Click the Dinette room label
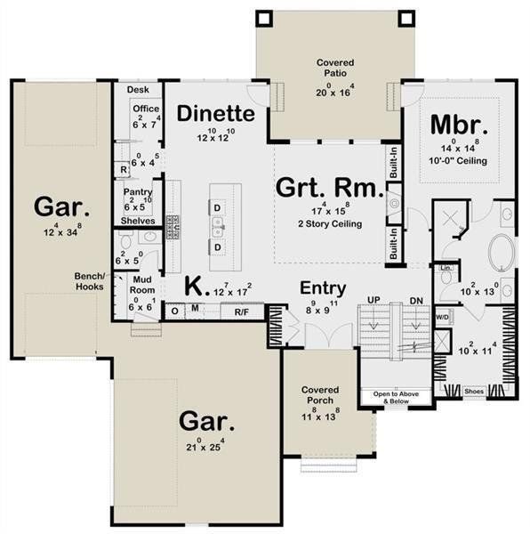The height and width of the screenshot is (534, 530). pyautogui.click(x=216, y=114)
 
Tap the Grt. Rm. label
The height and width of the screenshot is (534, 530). pyautogui.click(x=330, y=189)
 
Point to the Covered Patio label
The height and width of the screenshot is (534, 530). pyautogui.click(x=334, y=63)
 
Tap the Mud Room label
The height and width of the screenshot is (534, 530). pyautogui.click(x=143, y=285)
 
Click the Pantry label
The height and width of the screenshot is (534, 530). pyautogui.click(x=138, y=192)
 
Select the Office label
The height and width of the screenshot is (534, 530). pyautogui.click(x=145, y=109)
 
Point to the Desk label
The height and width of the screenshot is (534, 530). pyautogui.click(x=137, y=90)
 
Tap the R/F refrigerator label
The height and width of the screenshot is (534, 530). pyautogui.click(x=241, y=312)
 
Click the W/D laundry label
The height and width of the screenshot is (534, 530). pyautogui.click(x=442, y=315)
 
